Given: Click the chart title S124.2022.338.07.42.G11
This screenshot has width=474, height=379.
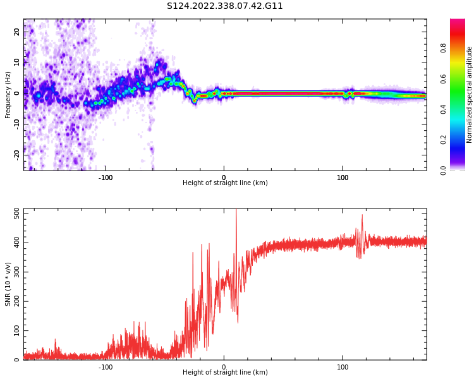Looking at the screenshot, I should [225, 6].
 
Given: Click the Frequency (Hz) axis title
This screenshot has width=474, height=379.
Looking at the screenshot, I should [8, 94].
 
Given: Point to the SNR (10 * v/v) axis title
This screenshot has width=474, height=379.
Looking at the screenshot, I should [8, 284].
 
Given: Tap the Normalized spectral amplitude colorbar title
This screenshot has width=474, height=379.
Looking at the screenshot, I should [470, 94].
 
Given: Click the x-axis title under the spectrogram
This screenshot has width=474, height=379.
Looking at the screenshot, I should [225, 183].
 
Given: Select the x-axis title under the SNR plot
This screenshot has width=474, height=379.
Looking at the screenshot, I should [225, 373].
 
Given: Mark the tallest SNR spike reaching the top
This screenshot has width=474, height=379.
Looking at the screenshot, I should [236, 212].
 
